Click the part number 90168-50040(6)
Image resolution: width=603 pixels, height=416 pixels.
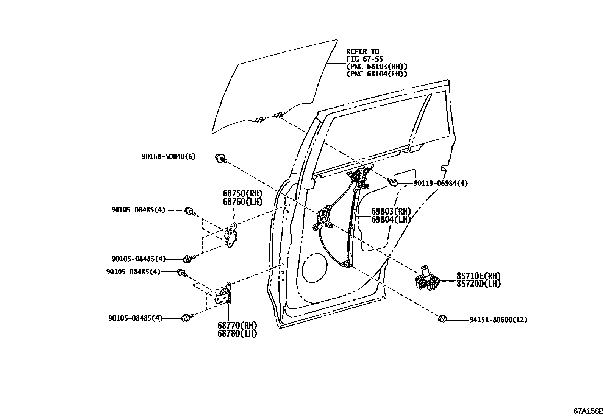(x=169, y=157)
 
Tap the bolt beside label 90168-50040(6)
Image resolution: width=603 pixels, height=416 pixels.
(x=220, y=158)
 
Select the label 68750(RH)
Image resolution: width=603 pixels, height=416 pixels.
(x=242, y=193)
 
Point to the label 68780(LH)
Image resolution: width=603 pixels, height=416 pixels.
(x=237, y=333)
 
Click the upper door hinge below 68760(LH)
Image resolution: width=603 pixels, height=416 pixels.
(x=232, y=237)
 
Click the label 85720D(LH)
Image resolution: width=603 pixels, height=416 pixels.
(x=478, y=284)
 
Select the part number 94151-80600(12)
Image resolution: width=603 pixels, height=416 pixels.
(x=498, y=320)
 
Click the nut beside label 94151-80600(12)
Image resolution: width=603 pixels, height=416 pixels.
(x=441, y=319)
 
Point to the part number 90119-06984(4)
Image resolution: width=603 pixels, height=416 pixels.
(x=441, y=183)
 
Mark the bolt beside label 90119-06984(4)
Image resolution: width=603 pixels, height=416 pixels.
(x=394, y=182)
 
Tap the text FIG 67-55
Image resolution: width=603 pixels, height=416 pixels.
(x=364, y=59)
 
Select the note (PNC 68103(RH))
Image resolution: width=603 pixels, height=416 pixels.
(x=377, y=66)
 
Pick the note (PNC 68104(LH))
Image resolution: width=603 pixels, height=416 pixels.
(x=377, y=74)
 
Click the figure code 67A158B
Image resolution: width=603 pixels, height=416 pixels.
(x=587, y=411)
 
